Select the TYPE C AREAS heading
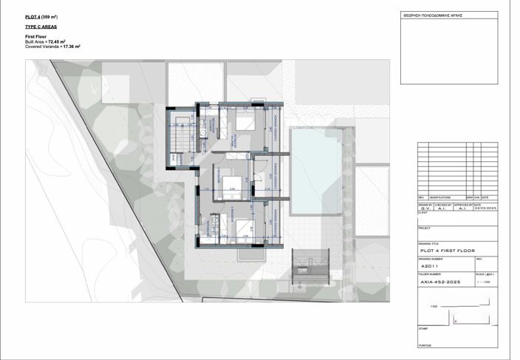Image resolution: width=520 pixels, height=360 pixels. point(41,26)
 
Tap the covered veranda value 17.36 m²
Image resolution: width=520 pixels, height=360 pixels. point(72,47)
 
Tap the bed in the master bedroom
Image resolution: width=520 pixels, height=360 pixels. point(245,121)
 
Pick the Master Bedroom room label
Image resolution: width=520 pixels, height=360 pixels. point(230,140)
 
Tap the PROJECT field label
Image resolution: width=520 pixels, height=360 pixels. point(425,228)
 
